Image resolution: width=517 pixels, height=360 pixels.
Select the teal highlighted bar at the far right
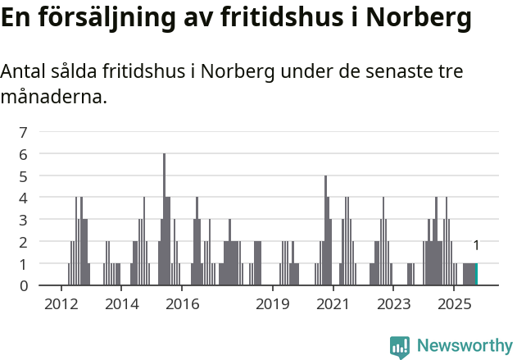pos(476,274)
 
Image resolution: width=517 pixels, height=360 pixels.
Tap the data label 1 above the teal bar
pos(476,245)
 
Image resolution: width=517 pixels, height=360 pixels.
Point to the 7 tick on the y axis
pos(24,132)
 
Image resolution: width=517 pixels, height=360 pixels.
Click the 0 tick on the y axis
pos(24,285)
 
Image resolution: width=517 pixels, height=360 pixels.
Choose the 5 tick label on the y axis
pos(24,175)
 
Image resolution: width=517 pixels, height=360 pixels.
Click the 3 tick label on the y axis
pos(24,220)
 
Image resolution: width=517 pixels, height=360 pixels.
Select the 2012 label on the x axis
pos(61,304)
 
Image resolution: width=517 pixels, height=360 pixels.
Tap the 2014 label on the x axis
pos(122,304)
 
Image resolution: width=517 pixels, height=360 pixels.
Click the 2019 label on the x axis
pos(273,304)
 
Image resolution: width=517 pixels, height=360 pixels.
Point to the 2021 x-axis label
pos(333,304)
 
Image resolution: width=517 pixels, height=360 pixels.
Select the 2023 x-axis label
pos(393,304)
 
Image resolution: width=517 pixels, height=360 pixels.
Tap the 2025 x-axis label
pos(454,304)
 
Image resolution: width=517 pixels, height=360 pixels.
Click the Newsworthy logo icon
pos(400,347)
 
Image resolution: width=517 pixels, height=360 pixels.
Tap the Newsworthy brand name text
pos(464,346)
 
